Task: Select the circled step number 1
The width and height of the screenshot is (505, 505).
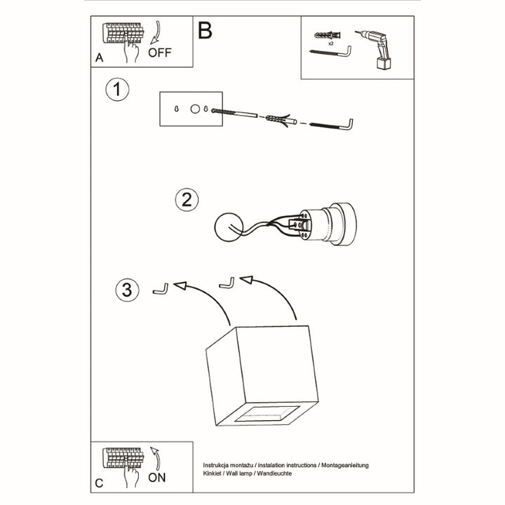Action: pos(117,90)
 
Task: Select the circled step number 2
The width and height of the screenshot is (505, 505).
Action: pos(186,199)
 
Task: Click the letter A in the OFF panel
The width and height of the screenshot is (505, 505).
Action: pos(100,59)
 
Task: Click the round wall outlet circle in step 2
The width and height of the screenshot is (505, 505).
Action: pos(229,227)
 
